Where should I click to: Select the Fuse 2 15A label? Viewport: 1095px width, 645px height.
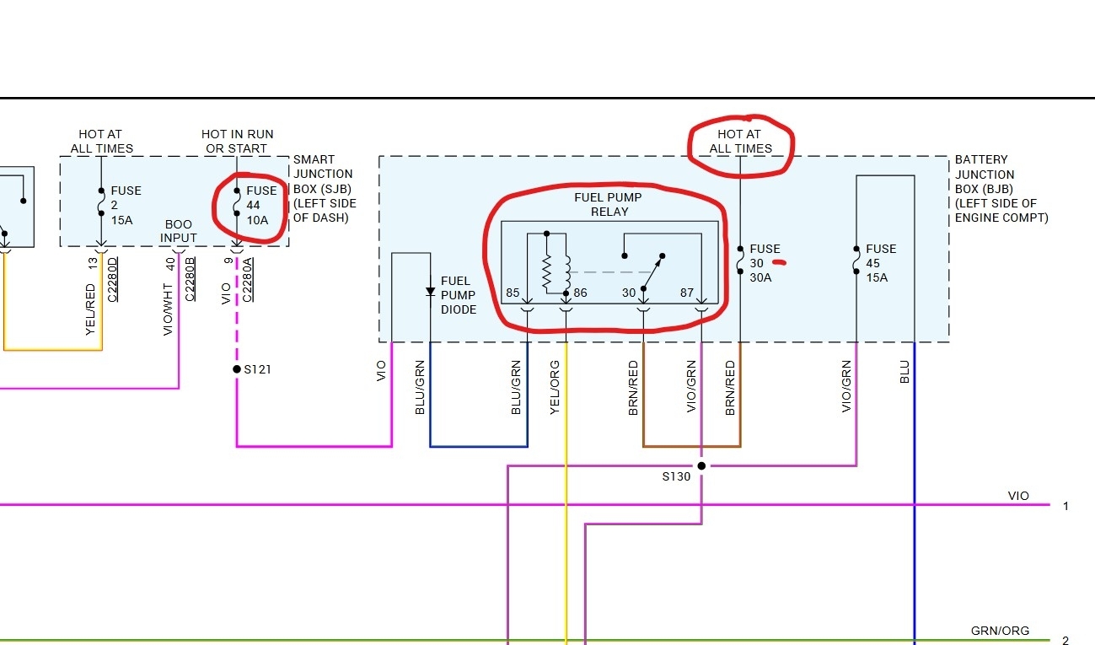click(x=126, y=206)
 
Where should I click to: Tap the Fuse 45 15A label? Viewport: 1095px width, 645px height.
click(x=881, y=263)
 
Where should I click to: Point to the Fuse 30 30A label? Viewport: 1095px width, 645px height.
click(x=764, y=263)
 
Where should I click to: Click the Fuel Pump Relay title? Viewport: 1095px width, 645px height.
click(x=609, y=204)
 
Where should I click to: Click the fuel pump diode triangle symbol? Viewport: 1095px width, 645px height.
click(x=430, y=292)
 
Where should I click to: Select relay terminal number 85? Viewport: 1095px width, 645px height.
click(x=513, y=293)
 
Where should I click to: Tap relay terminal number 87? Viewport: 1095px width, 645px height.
click(x=688, y=293)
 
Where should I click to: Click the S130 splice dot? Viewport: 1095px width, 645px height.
click(x=701, y=465)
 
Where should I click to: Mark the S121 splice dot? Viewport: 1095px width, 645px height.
click(x=237, y=369)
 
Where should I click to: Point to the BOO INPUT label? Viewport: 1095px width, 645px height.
click(x=179, y=231)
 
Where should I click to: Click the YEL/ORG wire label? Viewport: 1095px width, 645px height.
click(x=554, y=387)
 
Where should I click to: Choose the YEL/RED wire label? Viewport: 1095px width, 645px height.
click(x=90, y=309)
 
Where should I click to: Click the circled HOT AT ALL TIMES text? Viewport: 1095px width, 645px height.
click(x=740, y=141)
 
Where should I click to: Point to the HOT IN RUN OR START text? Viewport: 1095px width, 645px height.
click(x=237, y=141)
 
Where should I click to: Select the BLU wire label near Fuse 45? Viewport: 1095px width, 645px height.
click(x=904, y=372)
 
